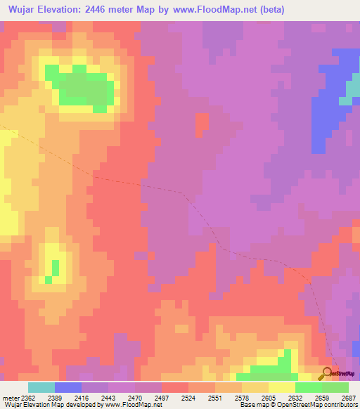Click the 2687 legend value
tap(348, 397)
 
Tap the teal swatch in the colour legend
tap(41, 387)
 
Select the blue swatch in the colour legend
tap(68, 387)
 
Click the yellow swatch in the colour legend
tap(281, 387)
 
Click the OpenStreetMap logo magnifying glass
tap(327, 374)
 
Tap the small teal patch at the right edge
tap(346, 100)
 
